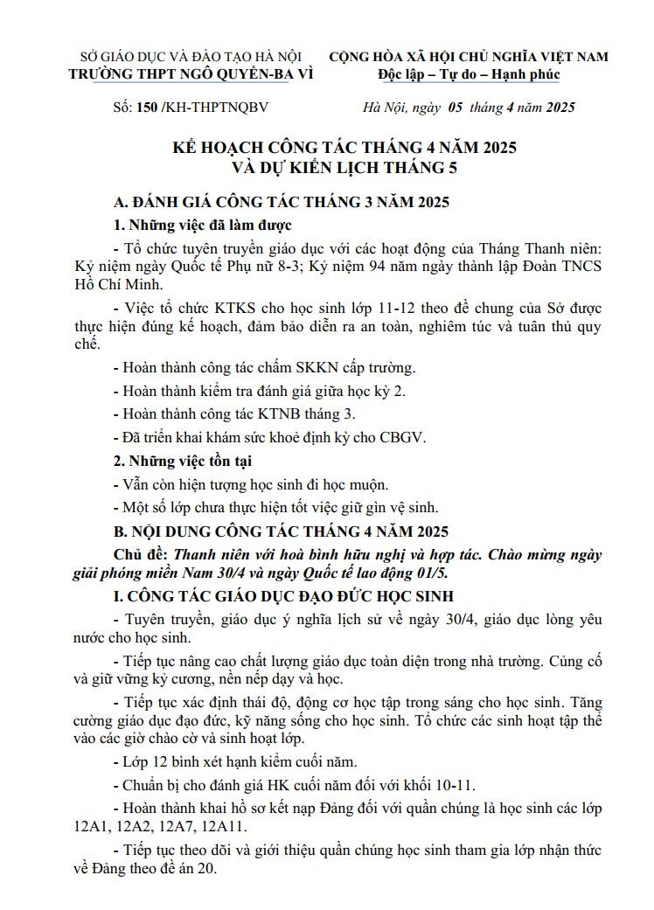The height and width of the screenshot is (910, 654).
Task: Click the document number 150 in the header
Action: (x=136, y=108)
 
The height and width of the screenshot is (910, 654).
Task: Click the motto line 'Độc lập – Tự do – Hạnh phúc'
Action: (x=469, y=73)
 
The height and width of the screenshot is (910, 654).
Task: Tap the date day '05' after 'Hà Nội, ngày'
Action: (x=455, y=108)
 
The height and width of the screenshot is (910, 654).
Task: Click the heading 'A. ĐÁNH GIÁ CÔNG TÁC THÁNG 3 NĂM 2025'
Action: (x=282, y=202)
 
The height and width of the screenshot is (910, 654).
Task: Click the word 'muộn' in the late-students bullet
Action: (x=368, y=483)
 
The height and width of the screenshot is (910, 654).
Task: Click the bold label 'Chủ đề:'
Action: (x=142, y=554)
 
